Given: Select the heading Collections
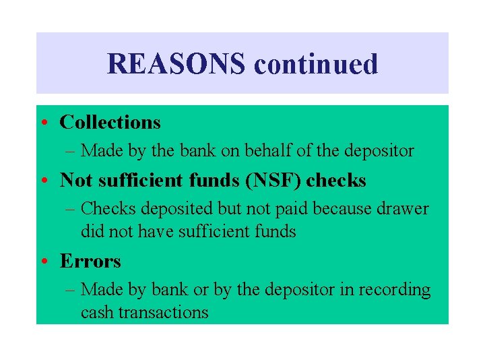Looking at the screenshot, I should point(110,122).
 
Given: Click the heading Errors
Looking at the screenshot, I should point(90,261).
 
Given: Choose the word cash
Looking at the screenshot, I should point(95,313).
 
